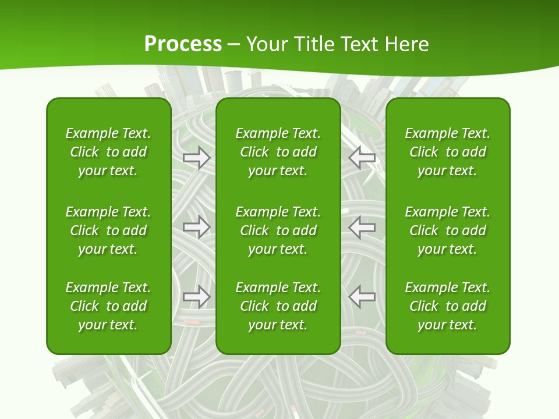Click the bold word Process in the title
[x=183, y=44]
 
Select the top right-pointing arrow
[x=196, y=157]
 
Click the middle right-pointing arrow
[x=196, y=226]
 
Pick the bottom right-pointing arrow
[x=196, y=297]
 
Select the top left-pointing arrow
[x=362, y=157]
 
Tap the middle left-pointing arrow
[x=362, y=226]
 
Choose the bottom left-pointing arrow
[x=362, y=297]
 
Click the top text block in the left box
[x=108, y=152]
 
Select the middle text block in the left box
[x=108, y=230]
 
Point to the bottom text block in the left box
[x=108, y=306]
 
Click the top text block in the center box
[x=278, y=152]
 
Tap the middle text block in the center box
[x=278, y=230]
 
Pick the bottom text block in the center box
[x=278, y=306]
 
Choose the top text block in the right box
[x=448, y=152]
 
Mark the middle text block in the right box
[x=448, y=230]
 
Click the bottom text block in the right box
[x=448, y=306]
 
